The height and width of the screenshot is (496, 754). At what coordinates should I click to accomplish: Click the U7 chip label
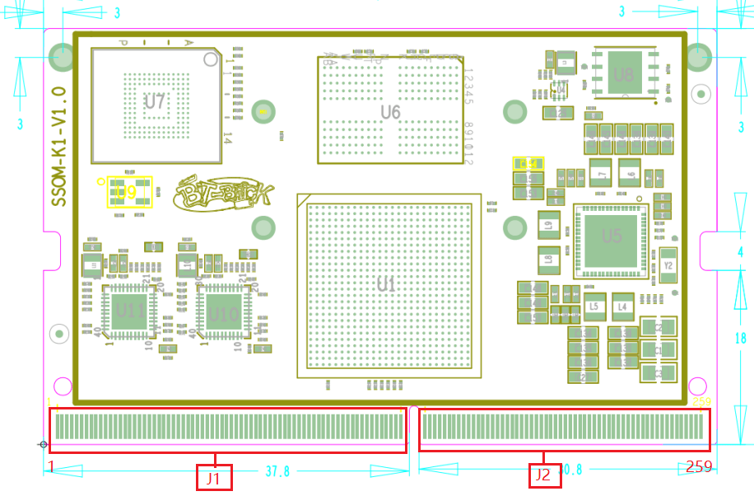pos(155,102)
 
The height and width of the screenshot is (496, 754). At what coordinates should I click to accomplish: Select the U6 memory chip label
pos(390,111)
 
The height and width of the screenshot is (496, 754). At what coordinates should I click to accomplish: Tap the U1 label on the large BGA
pos(386,285)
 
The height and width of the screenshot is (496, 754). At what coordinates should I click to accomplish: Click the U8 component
pos(624,74)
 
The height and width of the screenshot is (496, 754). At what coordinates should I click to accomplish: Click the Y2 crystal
pos(668,265)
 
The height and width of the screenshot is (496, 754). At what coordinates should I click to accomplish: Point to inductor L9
pos(548,224)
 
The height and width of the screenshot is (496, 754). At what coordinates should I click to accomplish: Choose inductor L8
pos(548,260)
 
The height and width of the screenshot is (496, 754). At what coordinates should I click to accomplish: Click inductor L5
pos(594,306)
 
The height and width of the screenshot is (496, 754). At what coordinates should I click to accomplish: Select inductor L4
pos(622,306)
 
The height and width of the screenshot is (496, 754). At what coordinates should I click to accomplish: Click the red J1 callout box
pos(214,477)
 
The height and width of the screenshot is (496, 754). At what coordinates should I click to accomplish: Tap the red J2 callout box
pos(543,475)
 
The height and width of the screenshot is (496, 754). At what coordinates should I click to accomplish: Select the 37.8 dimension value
pos(277,471)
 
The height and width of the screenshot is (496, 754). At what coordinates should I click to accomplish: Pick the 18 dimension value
pos(739,338)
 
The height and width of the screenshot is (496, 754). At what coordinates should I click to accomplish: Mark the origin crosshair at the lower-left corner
pos(43,445)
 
